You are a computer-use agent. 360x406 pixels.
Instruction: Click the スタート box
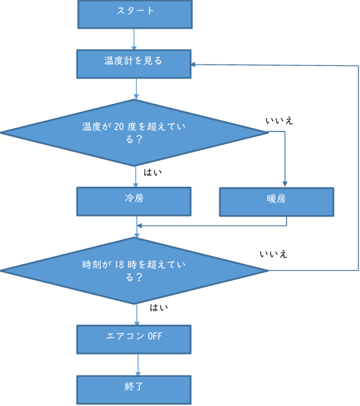pos(135,14)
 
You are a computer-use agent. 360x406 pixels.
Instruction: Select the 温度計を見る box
pos(134,64)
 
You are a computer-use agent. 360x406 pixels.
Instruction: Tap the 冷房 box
pos(134,201)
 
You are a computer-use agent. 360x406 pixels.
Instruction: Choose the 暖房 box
pos(277,202)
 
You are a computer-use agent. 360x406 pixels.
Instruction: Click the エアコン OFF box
pos(134,339)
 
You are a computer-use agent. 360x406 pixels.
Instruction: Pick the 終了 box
pos(134,390)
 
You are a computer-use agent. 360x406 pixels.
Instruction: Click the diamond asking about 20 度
pos(134,133)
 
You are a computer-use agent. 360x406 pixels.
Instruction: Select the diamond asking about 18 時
pos(134,271)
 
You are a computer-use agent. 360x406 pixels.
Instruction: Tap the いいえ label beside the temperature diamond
pos(279,121)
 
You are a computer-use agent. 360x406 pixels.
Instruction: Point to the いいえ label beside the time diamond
pos(273,254)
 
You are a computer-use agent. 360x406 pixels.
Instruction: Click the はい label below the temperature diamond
pos(153,172)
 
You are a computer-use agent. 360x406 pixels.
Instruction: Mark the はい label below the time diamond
pos(159,307)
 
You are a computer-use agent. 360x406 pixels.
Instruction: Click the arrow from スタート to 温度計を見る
pos(134,39)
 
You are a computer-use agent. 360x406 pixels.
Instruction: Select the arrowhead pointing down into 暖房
pos(285,184)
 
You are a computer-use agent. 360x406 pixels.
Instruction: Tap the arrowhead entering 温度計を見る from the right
pos(193,64)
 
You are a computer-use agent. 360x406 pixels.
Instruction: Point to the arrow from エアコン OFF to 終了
pos(138,365)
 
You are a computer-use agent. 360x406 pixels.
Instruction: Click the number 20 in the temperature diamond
pos(119,127)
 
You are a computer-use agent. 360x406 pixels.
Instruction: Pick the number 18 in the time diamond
pos(119,265)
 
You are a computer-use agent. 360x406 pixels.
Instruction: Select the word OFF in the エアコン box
pos(155,336)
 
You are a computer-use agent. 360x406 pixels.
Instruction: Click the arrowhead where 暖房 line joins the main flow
pos(139,226)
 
